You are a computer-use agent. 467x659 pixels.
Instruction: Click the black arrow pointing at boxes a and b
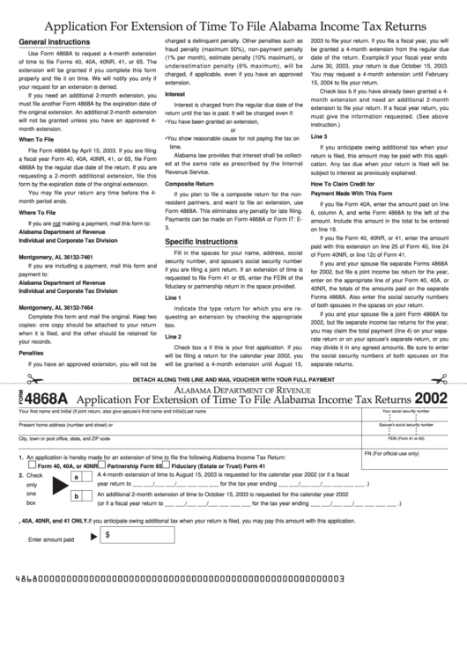pos(60,486)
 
